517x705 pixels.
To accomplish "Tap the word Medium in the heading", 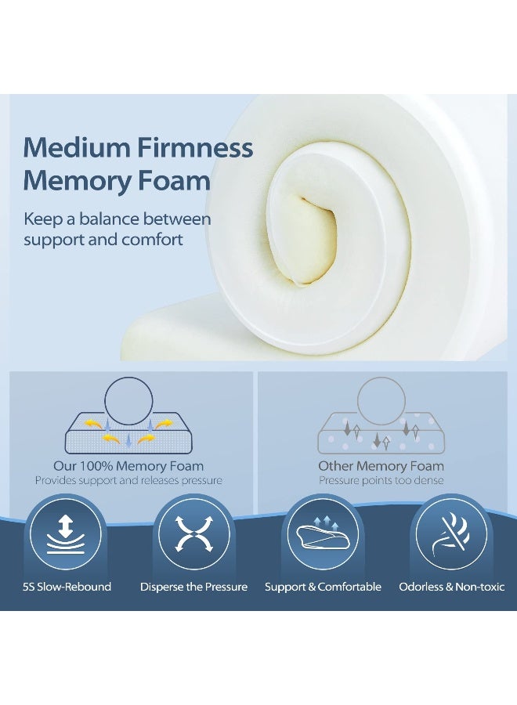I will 76,147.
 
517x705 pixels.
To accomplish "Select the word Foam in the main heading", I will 179,181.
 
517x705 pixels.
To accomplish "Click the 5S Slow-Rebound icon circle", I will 66,536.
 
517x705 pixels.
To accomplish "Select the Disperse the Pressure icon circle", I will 193,536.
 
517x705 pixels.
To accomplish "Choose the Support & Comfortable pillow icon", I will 323,536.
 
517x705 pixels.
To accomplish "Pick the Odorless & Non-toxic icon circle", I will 451,536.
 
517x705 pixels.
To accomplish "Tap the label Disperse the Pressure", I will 193,587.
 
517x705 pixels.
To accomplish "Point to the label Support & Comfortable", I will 323,587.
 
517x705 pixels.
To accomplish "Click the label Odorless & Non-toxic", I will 452,587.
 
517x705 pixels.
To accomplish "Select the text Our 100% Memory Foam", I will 128,467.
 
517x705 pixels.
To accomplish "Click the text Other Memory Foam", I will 381,467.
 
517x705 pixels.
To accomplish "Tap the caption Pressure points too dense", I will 381,480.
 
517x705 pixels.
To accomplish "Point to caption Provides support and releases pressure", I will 128,480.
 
